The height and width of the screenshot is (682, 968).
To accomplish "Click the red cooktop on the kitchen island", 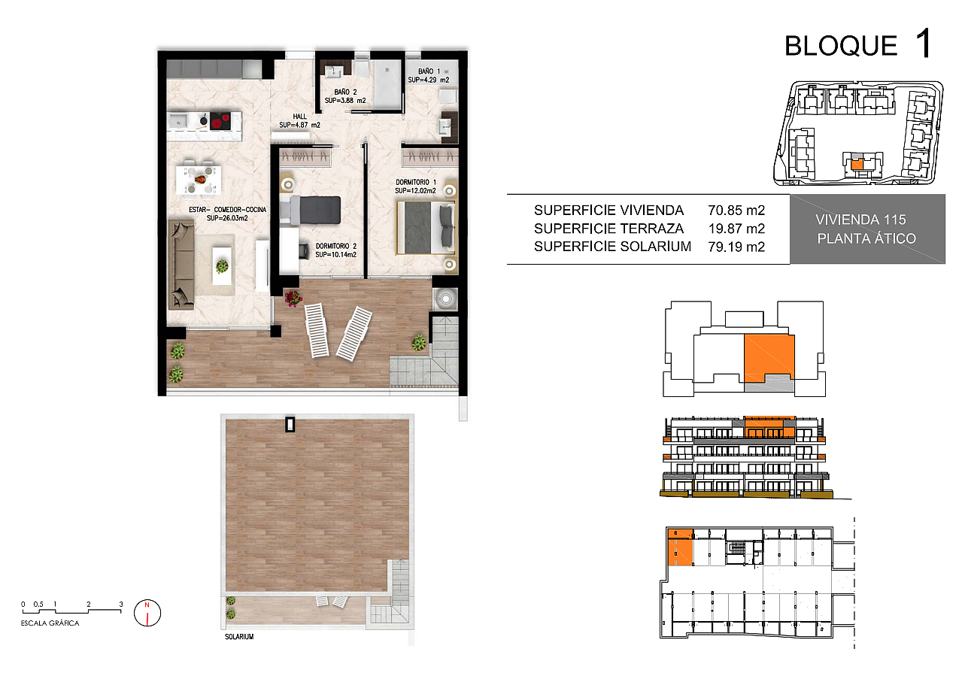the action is click(x=220, y=121).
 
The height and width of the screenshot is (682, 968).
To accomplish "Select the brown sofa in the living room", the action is click(x=181, y=264).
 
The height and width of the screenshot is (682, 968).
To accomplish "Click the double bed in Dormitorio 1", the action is click(x=426, y=228).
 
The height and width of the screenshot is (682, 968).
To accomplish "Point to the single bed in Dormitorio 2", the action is click(x=311, y=211).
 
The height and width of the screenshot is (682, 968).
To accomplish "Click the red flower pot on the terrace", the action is click(x=293, y=298).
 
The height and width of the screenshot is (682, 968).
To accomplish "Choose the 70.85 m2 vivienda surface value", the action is click(x=736, y=211).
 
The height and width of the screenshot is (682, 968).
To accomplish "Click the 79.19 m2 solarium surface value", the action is click(x=736, y=247).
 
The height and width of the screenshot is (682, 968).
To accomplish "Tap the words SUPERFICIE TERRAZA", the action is click(x=609, y=229).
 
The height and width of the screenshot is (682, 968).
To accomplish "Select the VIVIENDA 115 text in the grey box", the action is click(x=861, y=220).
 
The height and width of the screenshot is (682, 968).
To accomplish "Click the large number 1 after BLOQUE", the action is click(x=923, y=43).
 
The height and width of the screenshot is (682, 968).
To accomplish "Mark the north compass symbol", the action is click(x=147, y=613).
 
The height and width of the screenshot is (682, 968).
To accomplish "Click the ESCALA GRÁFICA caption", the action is click(x=50, y=623).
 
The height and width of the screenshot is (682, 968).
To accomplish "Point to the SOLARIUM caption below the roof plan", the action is click(x=239, y=637).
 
